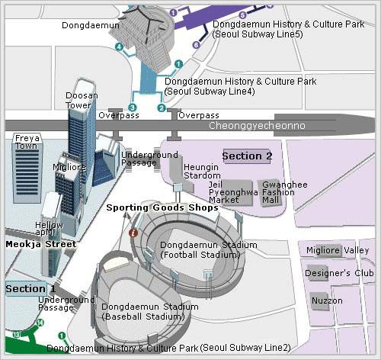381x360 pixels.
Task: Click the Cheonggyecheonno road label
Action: pos(257,126)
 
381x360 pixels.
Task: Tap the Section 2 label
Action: pos(247,156)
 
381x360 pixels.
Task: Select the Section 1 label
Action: pos(30,289)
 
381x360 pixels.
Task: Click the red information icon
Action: pos(133,233)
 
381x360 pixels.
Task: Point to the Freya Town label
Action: pos(27,142)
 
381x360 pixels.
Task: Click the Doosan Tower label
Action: pos(82,100)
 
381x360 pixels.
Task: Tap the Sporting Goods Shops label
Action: pos(162,207)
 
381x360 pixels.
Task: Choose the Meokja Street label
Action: pos(41,244)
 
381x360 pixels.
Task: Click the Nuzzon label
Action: pos(327,301)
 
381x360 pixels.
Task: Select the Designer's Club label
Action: pos(339,273)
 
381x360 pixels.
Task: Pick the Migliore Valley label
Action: pos(338,250)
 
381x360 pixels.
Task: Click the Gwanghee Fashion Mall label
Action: pos(285,192)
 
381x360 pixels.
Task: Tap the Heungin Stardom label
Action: pos(202,172)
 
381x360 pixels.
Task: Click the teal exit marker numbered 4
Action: pos(119,47)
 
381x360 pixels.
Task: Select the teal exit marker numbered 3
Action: pos(133,108)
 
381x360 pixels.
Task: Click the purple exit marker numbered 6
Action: pos(196,45)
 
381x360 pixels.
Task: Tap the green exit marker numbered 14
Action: pos(40,323)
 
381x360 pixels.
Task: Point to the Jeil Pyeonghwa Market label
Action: pos(233,192)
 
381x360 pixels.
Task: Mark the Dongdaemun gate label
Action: pos(91,25)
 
